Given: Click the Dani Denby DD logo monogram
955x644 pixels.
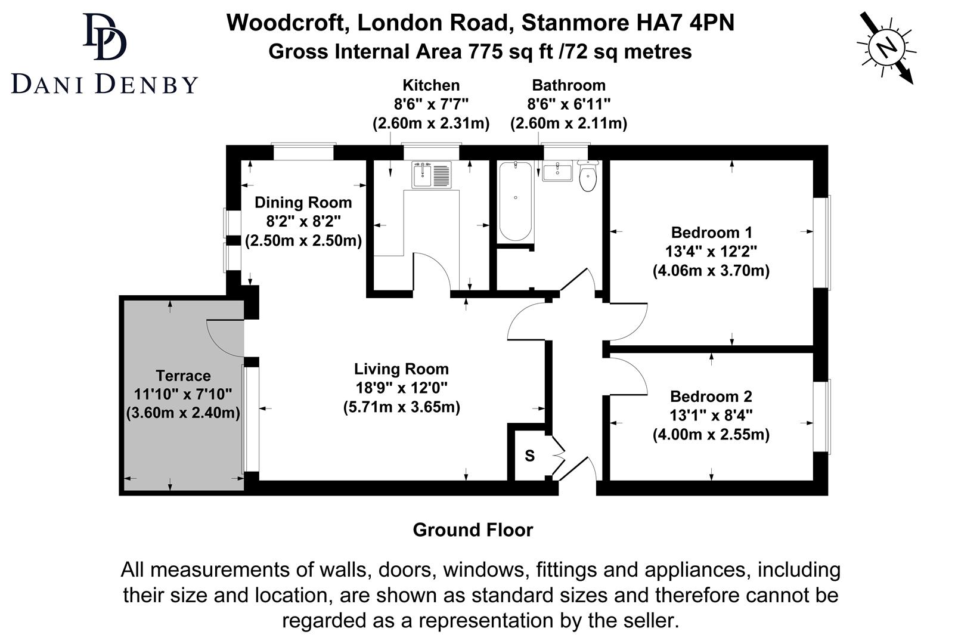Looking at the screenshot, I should (105, 37).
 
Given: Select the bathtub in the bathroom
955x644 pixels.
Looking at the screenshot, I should (515, 200).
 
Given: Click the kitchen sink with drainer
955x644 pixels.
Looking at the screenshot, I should (432, 175).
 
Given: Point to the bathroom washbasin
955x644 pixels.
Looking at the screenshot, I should (557, 172).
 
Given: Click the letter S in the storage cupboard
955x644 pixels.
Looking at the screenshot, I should (529, 456).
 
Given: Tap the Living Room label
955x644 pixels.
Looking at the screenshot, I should (401, 369).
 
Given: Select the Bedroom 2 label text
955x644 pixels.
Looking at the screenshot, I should (711, 397).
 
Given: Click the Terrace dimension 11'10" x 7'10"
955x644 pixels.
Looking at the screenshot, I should (182, 394).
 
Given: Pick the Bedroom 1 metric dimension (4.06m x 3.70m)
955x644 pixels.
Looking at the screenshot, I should (711, 271).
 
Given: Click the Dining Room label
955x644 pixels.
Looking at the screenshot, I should (303, 203).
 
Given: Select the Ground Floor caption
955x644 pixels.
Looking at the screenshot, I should (473, 530).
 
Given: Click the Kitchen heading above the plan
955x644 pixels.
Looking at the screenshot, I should (430, 85).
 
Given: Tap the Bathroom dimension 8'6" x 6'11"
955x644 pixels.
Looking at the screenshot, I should (568, 104).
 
